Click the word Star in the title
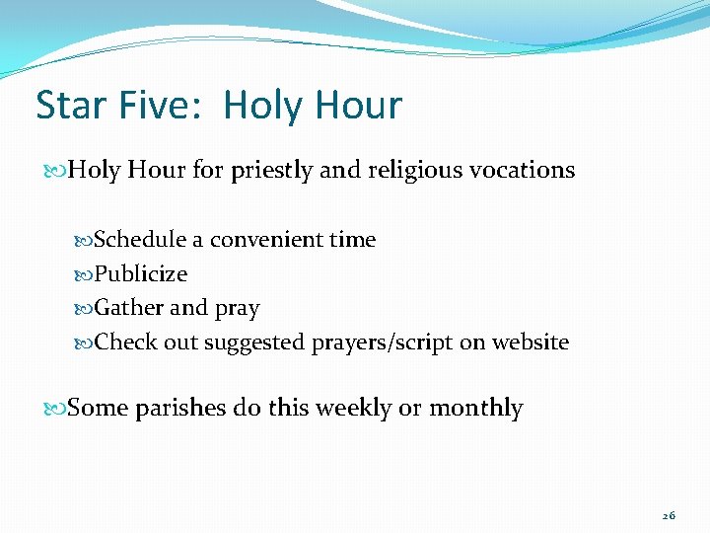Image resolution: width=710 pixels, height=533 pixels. (69, 105)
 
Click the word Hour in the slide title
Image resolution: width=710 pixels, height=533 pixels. (359, 105)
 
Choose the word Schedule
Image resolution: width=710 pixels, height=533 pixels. (140, 239)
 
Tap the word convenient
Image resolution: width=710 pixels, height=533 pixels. (267, 239)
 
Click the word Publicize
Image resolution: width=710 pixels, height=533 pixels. (140, 273)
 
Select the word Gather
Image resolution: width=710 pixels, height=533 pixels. (128, 308)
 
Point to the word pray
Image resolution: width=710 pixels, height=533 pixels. (237, 309)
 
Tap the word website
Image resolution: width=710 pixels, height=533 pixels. (532, 343)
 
